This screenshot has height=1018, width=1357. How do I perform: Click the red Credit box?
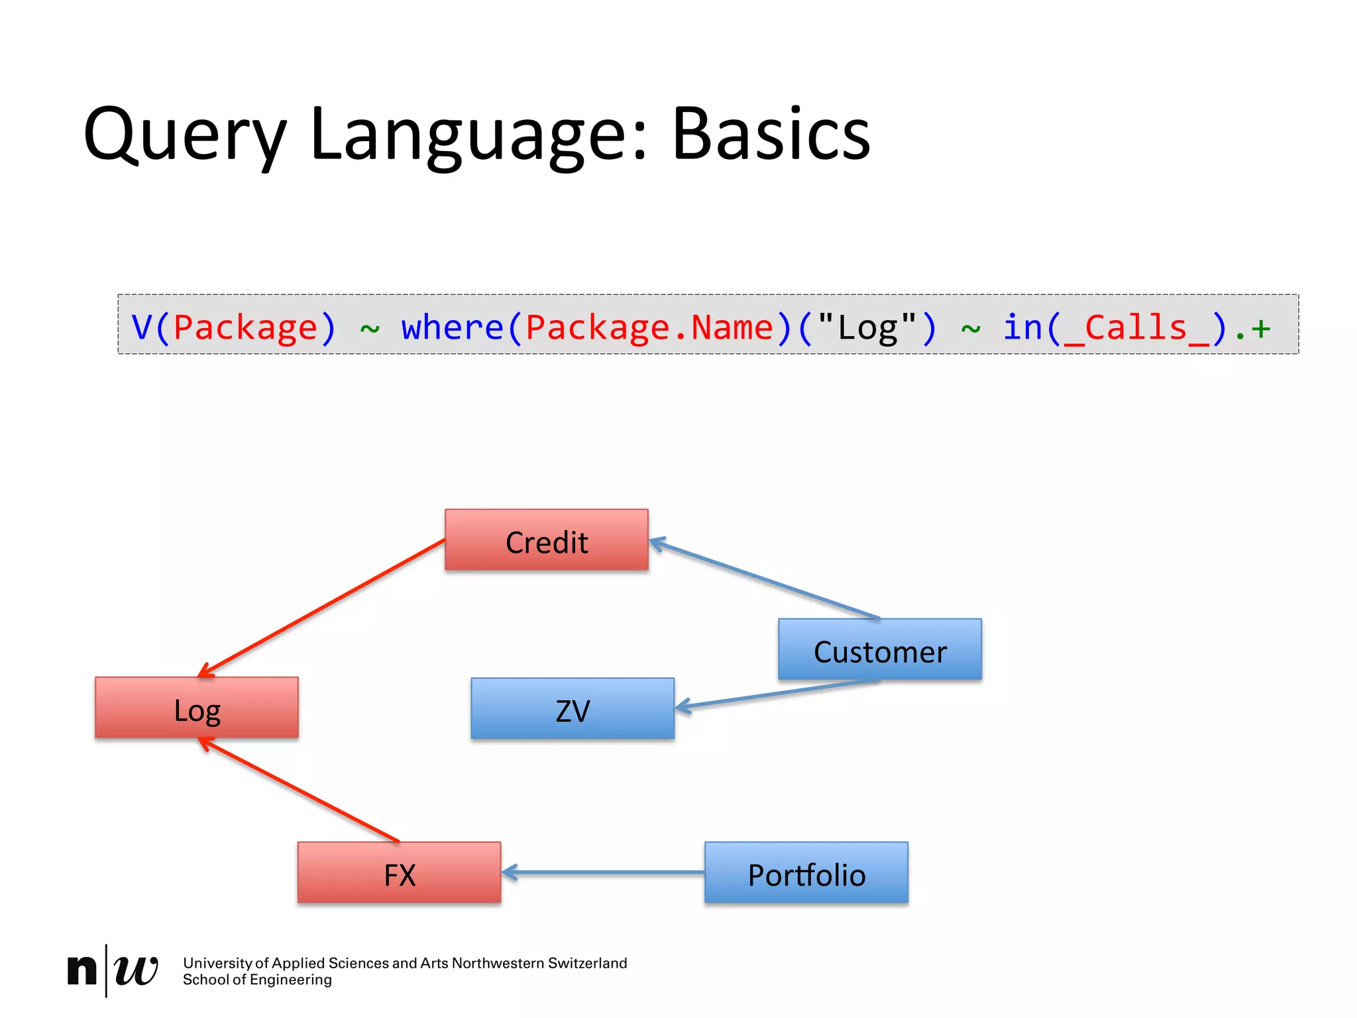pos(546,540)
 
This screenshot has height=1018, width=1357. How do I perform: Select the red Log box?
pos(197,708)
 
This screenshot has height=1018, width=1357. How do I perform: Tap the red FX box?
pos(399,873)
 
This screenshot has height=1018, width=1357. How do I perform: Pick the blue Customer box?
pos(880,650)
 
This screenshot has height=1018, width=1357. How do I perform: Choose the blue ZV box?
pos(572,708)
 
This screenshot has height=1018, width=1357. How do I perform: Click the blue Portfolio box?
pos(806,873)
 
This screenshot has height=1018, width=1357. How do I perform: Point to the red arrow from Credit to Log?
pos(322,608)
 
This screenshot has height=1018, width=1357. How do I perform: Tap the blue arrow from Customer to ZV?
pos(775,694)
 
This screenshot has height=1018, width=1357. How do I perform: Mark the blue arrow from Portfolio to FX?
pos(603,873)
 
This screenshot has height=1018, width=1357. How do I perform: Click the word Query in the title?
pos(186,136)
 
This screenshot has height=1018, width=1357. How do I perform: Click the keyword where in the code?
pos(453,327)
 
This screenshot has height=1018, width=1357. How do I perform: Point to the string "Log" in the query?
pos(867,327)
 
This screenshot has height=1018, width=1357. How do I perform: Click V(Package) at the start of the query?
pos(234,327)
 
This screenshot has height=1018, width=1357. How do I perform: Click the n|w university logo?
pos(113,970)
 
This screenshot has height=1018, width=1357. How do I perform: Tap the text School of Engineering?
pos(257,980)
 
